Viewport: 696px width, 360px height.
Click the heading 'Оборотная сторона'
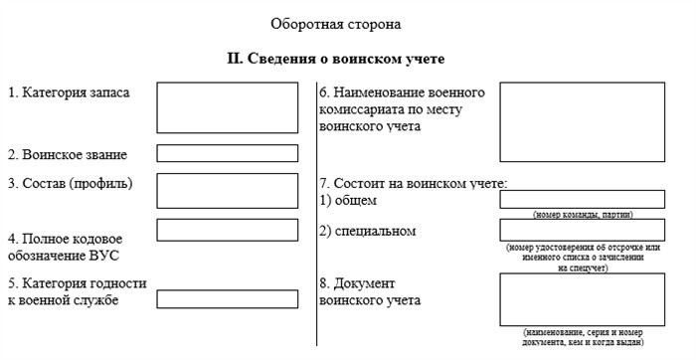336,22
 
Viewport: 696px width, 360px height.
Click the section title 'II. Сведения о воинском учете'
336,58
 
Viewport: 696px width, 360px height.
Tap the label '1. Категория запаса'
69,92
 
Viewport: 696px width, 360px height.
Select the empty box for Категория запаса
227,107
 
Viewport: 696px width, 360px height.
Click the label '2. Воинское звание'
68,154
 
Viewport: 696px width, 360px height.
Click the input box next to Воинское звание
227,153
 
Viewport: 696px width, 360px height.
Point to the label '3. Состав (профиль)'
70,183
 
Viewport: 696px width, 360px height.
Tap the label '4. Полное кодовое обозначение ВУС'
66,247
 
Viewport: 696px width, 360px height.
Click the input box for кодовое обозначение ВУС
227,229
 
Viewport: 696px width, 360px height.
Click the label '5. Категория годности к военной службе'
77,291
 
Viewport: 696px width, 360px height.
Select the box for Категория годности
227,298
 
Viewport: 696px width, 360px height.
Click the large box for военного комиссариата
582,121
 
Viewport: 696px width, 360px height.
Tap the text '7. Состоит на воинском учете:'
414,183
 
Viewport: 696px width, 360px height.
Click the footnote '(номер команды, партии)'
583,215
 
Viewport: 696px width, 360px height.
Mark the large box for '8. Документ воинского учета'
582,299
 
